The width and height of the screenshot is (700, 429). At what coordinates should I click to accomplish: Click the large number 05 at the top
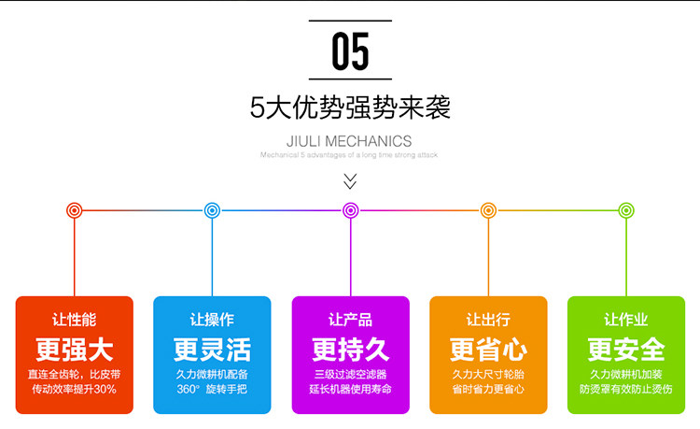(x=350, y=51)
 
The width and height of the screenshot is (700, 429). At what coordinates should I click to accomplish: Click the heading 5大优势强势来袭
(x=350, y=107)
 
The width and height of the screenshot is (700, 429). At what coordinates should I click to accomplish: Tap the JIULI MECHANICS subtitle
(x=350, y=141)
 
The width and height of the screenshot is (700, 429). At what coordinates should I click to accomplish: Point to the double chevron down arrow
(x=350, y=179)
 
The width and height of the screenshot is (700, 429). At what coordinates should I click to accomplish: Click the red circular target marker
(x=75, y=210)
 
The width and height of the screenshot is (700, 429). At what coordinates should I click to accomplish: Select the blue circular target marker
(x=212, y=210)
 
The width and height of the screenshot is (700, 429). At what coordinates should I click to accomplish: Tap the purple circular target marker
(x=350, y=210)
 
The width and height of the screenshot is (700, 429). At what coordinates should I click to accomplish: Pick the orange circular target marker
(x=487, y=210)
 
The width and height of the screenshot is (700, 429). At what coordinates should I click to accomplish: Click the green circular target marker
(x=625, y=210)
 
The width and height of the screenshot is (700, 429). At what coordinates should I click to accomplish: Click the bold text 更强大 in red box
(x=75, y=350)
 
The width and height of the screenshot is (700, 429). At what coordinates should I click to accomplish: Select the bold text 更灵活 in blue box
(x=212, y=350)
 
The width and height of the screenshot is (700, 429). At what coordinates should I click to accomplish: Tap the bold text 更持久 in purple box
(x=350, y=350)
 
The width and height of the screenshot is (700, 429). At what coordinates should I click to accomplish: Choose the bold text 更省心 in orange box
(x=487, y=350)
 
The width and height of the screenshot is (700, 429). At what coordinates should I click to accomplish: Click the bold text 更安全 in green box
(x=625, y=350)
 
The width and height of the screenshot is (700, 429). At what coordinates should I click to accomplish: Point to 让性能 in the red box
(x=75, y=320)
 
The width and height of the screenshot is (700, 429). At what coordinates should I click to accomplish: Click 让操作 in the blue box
(x=212, y=320)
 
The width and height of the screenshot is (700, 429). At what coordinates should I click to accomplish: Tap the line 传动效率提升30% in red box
(x=75, y=389)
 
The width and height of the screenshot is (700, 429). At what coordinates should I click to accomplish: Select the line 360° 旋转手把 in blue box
(x=212, y=389)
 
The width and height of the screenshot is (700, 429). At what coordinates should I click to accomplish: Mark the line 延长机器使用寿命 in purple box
(x=350, y=389)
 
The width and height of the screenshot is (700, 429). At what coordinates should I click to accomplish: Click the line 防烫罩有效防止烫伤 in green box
(x=625, y=389)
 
